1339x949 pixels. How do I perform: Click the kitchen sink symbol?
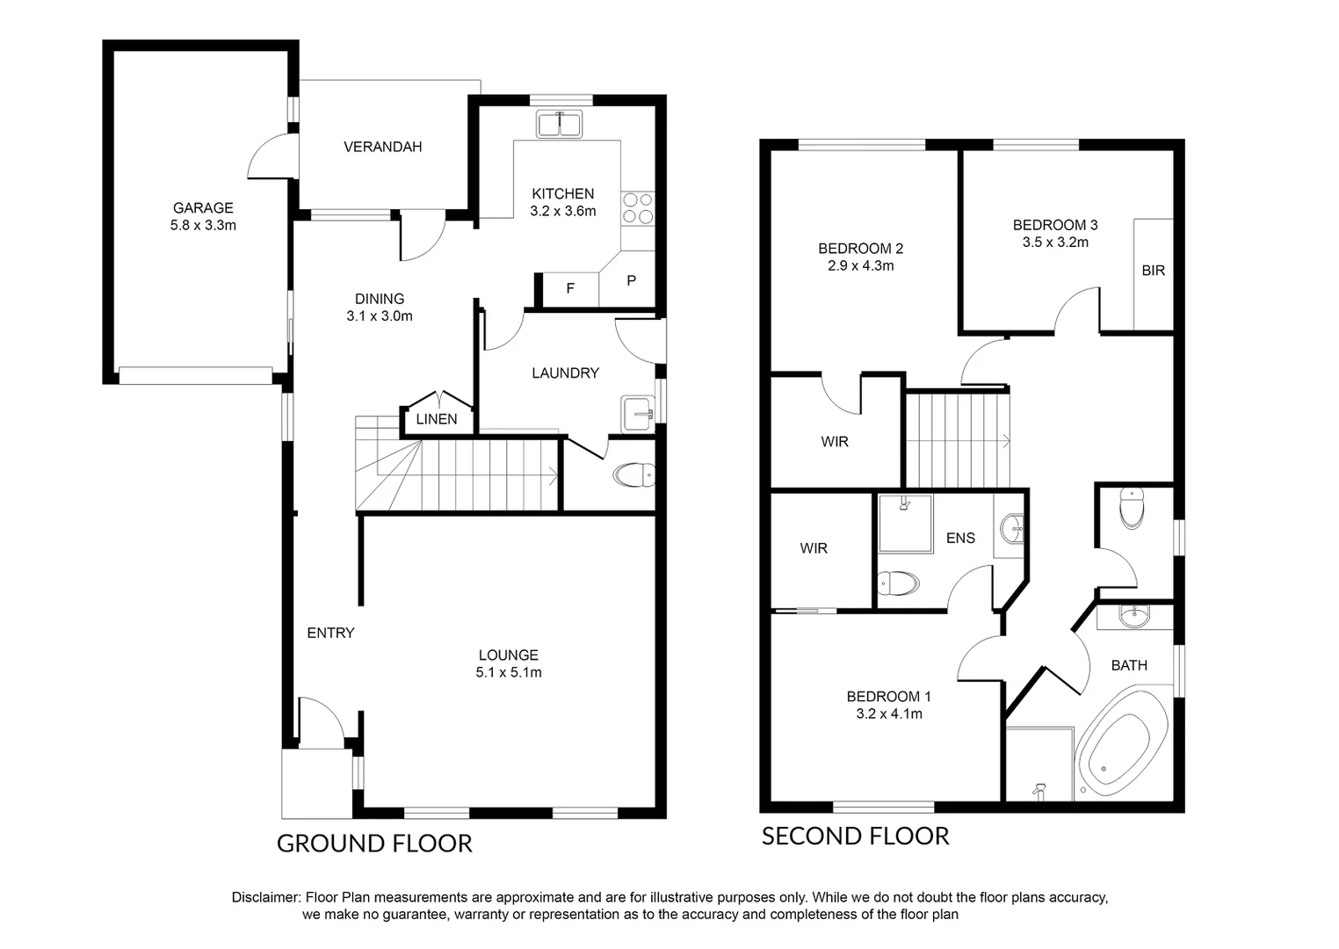(x=559, y=125)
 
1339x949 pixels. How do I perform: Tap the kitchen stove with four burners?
(x=638, y=207)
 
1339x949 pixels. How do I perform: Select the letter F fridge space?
(x=570, y=288)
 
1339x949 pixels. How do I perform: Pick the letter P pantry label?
(x=631, y=281)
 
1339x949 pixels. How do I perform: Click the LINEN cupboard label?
(x=437, y=419)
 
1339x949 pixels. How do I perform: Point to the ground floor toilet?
(x=634, y=475)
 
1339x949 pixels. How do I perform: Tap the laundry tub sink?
(x=637, y=414)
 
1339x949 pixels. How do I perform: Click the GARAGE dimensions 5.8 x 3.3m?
(x=203, y=226)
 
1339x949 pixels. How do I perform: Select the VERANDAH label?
(x=382, y=147)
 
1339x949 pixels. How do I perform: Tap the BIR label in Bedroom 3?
(x=1153, y=271)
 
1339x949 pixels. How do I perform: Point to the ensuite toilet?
(x=898, y=583)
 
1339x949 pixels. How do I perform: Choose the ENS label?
(x=960, y=538)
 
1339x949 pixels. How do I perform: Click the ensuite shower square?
(x=905, y=524)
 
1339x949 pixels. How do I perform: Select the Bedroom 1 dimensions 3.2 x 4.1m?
(x=889, y=714)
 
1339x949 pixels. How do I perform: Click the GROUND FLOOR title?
(x=374, y=844)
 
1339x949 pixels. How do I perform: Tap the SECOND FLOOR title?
(x=855, y=837)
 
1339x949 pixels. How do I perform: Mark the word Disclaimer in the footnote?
(x=264, y=898)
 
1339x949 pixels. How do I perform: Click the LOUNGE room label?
(x=508, y=656)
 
